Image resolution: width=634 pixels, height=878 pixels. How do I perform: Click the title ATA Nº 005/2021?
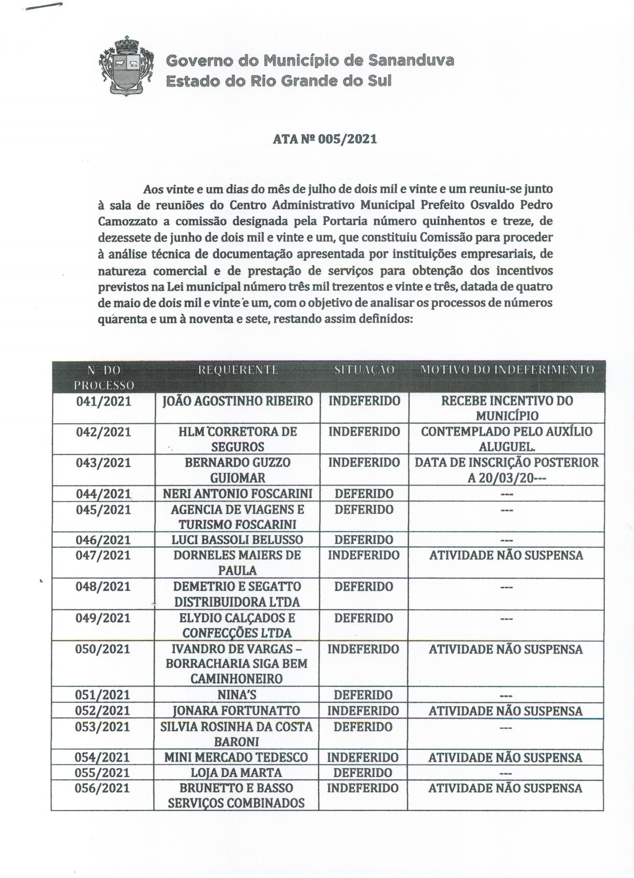[325, 139]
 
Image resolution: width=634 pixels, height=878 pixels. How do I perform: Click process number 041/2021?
[103, 401]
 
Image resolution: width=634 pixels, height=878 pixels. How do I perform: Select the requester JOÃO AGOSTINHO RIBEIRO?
[238, 401]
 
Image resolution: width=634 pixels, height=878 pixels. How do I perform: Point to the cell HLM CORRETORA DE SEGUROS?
[238, 439]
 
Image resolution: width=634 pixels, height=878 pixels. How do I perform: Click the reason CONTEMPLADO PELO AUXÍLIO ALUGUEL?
[507, 439]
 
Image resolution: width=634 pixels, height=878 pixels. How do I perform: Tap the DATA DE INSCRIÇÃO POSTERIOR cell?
[507, 470]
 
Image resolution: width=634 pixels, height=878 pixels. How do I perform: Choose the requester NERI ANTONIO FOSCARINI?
[238, 494]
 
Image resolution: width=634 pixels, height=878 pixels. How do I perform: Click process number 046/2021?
[103, 540]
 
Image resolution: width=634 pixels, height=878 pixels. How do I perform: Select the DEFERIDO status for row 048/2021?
[364, 587]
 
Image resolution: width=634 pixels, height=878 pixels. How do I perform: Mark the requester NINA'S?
[237, 695]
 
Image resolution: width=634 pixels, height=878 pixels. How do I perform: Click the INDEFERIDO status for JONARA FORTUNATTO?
[363, 711]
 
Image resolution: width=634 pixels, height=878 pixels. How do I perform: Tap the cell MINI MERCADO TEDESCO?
[236, 757]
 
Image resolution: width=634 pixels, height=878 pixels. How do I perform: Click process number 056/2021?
[103, 788]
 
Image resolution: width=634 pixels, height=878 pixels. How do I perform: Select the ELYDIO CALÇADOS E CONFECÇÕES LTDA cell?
[238, 625]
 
